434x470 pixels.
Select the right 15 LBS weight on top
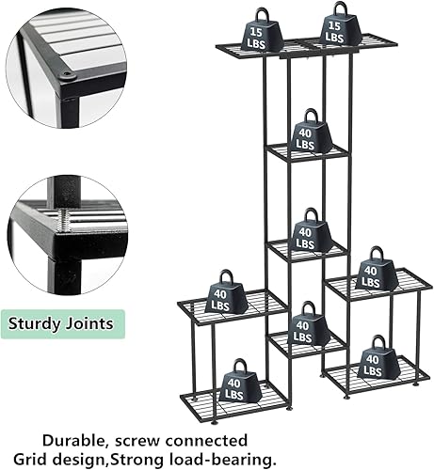coord(334,28)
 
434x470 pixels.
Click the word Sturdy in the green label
coord(40,324)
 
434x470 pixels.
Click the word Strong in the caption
coord(169,459)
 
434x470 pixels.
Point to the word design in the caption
coord(110,459)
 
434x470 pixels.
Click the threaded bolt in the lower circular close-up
coord(61,218)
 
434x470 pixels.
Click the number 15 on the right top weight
coord(334,25)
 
